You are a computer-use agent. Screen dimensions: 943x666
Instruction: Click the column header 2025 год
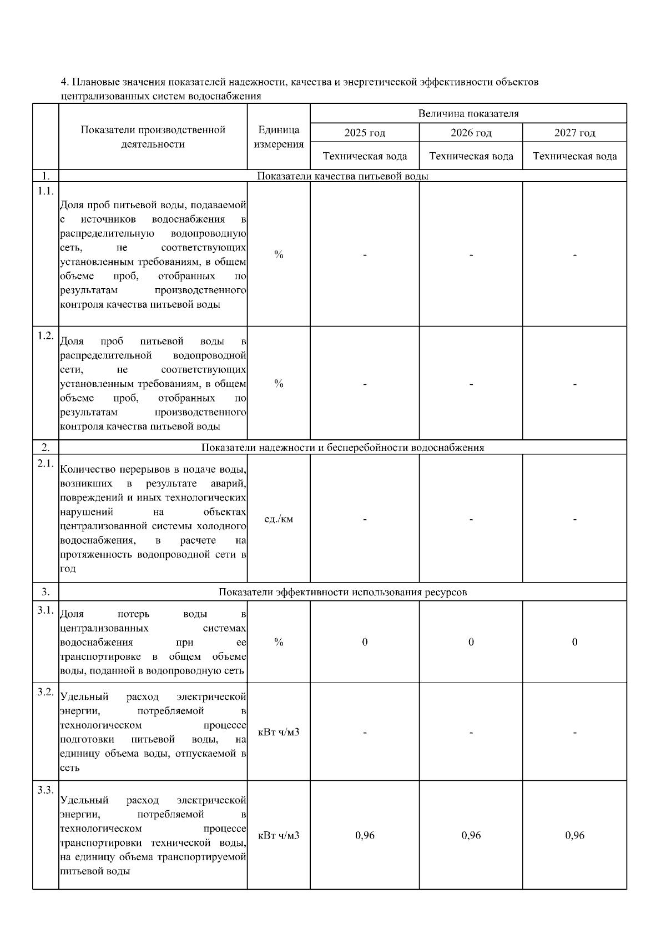tap(365, 133)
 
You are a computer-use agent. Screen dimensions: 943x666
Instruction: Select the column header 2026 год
tap(471, 133)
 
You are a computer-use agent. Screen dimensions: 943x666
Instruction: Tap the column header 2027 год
tap(574, 133)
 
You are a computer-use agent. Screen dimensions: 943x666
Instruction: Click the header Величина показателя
tap(468, 114)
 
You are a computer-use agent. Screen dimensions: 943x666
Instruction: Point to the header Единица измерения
tap(279, 137)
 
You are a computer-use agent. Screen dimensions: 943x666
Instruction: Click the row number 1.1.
tap(46, 191)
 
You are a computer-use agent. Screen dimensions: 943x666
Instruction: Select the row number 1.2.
tap(46, 335)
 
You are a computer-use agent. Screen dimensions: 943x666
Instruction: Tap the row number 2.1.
tap(46, 464)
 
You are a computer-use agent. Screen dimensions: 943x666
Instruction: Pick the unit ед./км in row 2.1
tap(279, 519)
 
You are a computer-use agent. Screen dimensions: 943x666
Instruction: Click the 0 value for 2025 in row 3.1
tap(365, 642)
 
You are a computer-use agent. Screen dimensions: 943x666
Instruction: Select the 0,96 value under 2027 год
tap(574, 835)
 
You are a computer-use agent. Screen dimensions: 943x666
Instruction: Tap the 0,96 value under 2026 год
tap(471, 835)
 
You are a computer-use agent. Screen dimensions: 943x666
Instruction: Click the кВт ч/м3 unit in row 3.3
tap(279, 835)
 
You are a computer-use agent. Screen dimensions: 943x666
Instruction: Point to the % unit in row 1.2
tap(279, 384)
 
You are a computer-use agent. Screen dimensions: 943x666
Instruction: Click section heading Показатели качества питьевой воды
tap(342, 177)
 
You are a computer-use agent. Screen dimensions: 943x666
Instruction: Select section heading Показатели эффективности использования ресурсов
tap(342, 592)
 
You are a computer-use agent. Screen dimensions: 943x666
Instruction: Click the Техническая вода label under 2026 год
tap(471, 156)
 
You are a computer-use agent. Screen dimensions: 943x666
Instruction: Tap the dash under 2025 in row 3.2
tap(365, 733)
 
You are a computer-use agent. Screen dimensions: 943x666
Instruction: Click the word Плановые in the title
tap(92, 82)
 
